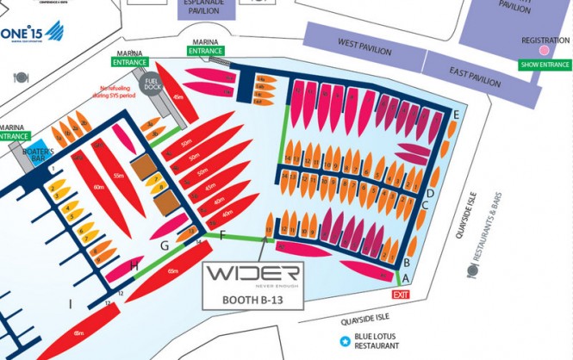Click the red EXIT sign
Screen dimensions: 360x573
tap(401, 295)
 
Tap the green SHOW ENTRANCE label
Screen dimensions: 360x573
tap(545, 65)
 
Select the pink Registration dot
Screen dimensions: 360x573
tap(545, 52)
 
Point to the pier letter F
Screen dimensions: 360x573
tap(224, 234)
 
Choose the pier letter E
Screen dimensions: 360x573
tap(455, 115)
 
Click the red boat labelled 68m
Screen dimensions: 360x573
tap(79, 334)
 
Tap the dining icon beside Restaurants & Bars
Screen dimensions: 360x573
tap(471, 270)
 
